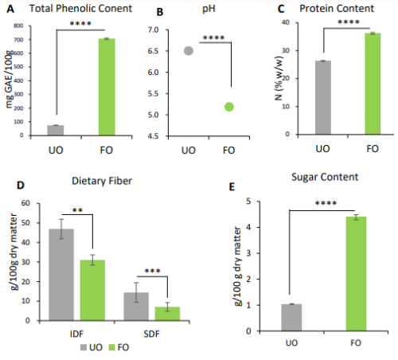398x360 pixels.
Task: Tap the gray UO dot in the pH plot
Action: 189,50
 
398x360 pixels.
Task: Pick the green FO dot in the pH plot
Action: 229,107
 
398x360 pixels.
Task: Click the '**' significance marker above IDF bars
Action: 78,210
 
